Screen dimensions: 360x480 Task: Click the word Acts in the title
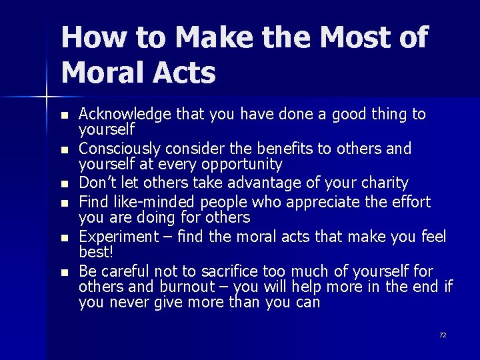188,71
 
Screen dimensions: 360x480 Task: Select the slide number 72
443,335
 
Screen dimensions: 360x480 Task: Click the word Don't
98,183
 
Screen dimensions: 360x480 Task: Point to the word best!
95,253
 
